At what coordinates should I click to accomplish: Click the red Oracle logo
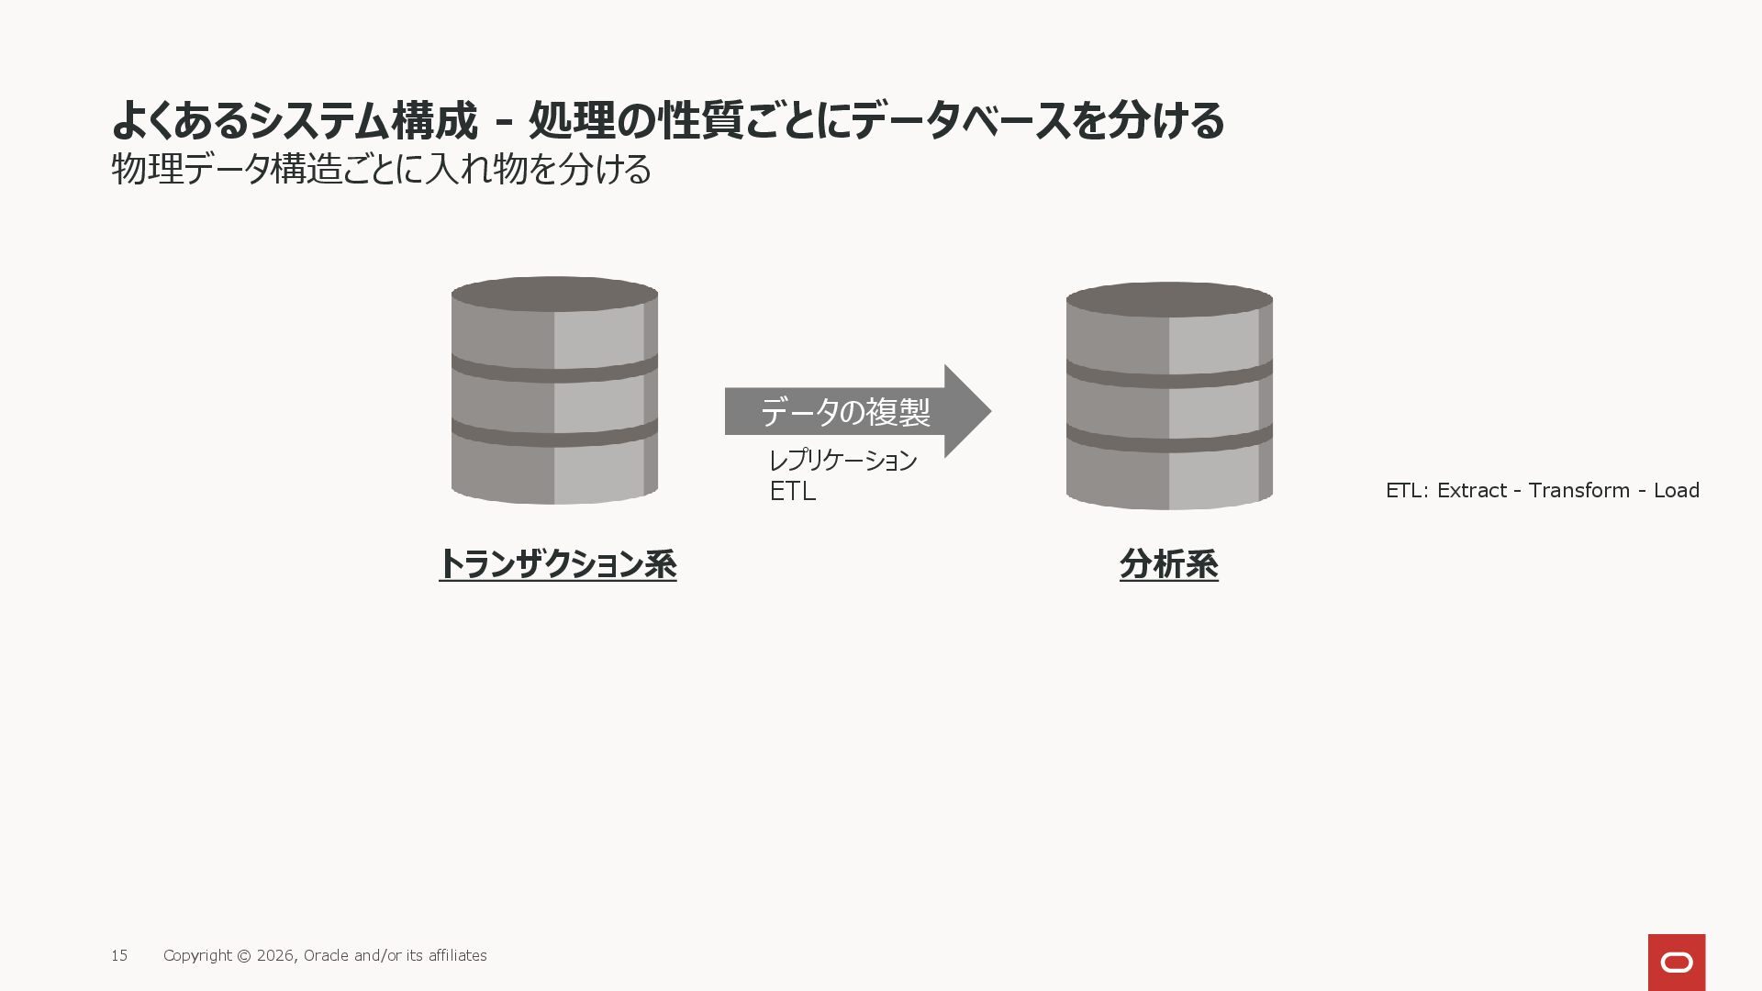pyautogui.click(x=1676, y=962)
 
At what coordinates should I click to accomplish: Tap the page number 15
pyautogui.click(x=119, y=956)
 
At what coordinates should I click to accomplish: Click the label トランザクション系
pyautogui.click(x=558, y=564)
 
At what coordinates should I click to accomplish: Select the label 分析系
pyautogui.click(x=1168, y=564)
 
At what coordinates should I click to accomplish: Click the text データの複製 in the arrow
pyautogui.click(x=845, y=412)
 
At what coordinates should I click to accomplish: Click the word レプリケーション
pyautogui.click(x=842, y=460)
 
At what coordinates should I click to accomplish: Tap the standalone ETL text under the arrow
pyautogui.click(x=792, y=492)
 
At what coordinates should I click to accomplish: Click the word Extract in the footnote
pyautogui.click(x=1472, y=491)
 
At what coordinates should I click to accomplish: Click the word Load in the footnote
pyautogui.click(x=1676, y=491)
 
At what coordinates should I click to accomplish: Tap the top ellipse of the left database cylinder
pyautogui.click(x=554, y=295)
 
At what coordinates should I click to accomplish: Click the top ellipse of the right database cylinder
pyautogui.click(x=1169, y=300)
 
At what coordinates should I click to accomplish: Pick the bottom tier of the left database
pyautogui.click(x=554, y=473)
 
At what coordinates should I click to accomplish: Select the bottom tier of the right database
pyautogui.click(x=1169, y=478)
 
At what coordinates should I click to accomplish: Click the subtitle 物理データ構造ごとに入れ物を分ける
pyautogui.click(x=381, y=169)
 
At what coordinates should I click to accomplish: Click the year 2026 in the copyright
pyautogui.click(x=275, y=956)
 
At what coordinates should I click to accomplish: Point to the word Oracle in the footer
pyautogui.click(x=326, y=956)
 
